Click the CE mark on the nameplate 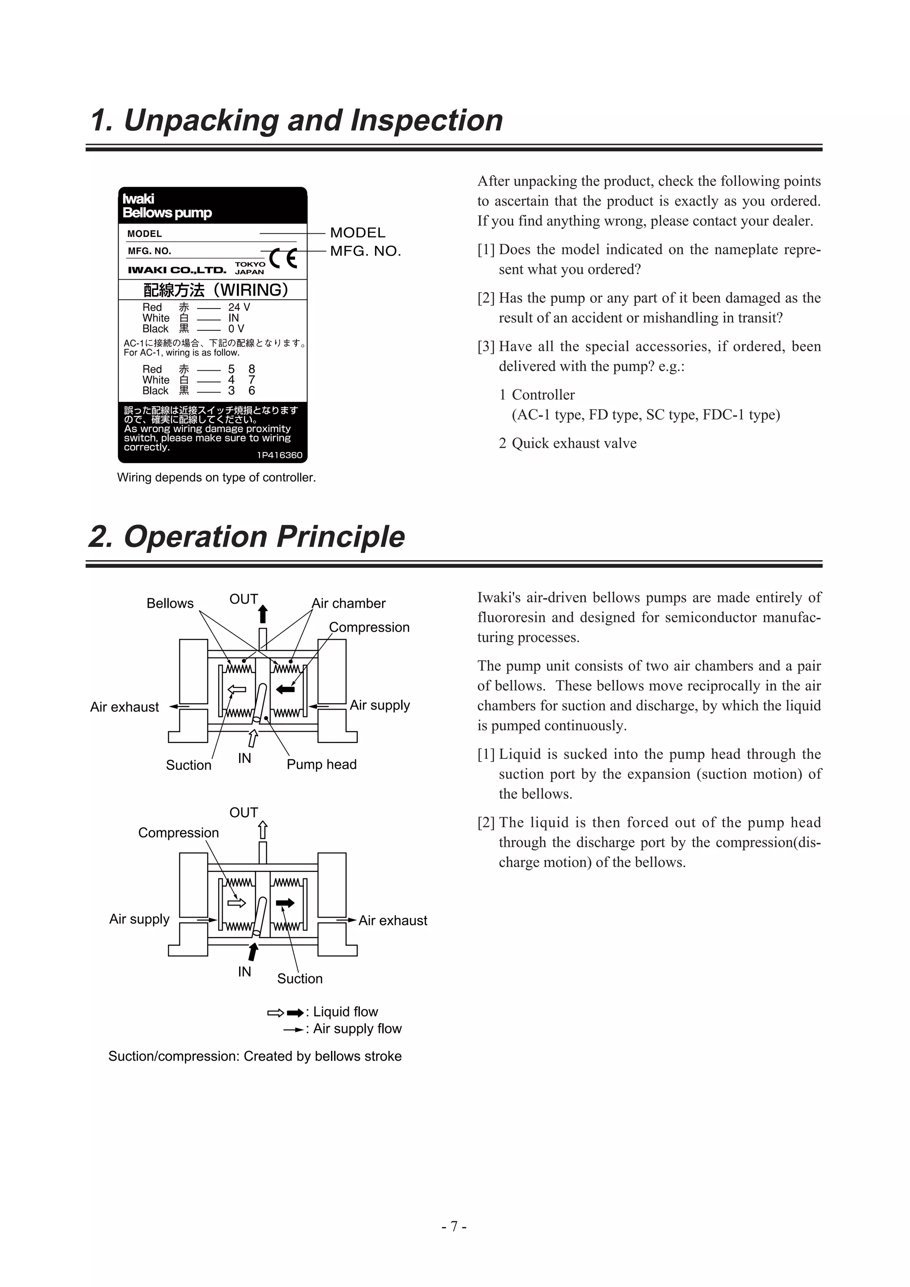pos(283,258)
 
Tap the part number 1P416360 pos(279,455)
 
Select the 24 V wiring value pos(239,307)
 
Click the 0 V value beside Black pos(236,329)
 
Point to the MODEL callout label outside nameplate pos(358,233)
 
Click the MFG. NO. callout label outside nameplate pos(365,251)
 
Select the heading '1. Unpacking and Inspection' pos(296,120)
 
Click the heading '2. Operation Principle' pos(247,537)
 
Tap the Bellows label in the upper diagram pos(170,603)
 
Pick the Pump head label pos(321,764)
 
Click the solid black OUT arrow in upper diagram pos(263,614)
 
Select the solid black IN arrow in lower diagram pos(253,951)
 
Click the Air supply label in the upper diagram pos(379,705)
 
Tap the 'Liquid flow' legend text pos(345,1012)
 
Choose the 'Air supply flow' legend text pos(357,1029)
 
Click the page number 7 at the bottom pos(455,1227)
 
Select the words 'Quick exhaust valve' pos(574,443)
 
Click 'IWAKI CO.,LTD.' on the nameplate pos(177,270)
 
